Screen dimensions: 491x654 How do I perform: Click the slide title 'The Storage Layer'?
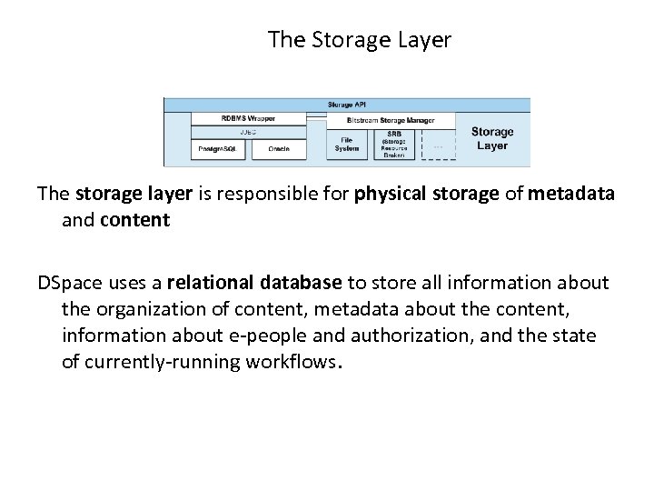click(x=360, y=40)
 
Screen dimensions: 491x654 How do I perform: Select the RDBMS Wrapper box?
click(x=247, y=118)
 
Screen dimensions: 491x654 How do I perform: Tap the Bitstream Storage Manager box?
click(x=391, y=119)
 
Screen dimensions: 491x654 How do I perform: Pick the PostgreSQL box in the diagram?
click(x=217, y=147)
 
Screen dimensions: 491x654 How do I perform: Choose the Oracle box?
click(x=279, y=147)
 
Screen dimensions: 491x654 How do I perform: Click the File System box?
click(x=346, y=144)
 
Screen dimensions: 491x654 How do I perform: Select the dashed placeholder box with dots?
click(x=439, y=144)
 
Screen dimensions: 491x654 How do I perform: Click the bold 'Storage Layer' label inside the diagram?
click(x=491, y=138)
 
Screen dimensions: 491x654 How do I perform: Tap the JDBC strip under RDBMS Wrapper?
click(x=247, y=132)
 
